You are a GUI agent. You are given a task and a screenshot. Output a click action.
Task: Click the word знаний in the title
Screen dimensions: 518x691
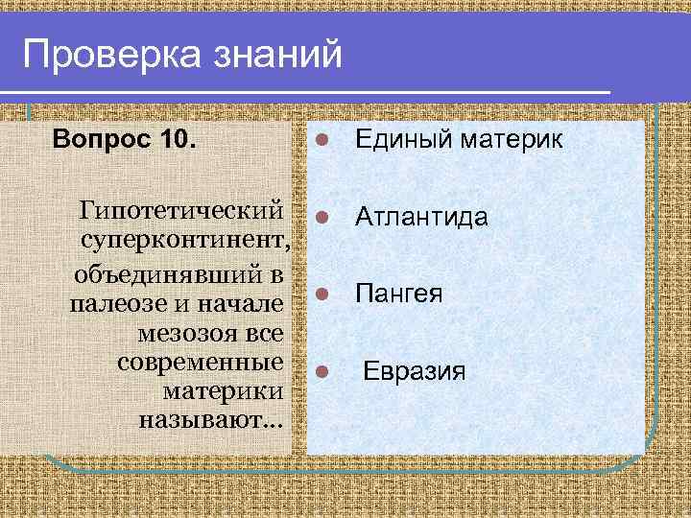(278, 54)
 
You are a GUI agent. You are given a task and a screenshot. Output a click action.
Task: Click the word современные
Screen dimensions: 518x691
(200, 363)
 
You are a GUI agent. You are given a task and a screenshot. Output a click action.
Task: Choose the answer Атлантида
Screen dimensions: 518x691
(421, 218)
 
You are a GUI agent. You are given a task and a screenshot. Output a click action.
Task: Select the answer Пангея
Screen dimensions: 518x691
(399, 294)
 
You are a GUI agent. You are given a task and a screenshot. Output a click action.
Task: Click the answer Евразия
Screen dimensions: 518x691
(414, 370)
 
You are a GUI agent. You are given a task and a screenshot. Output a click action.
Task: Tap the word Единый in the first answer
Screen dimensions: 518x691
(397, 141)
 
